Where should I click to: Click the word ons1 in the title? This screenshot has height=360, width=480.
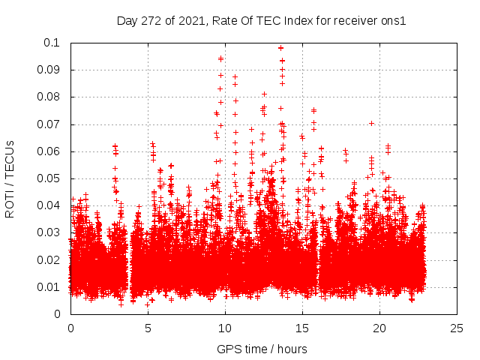click(x=393, y=21)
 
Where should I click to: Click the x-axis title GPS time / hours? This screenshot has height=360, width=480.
click(x=262, y=349)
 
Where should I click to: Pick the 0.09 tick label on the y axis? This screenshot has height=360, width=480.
click(x=50, y=70)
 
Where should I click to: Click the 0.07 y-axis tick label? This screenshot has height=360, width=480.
click(x=50, y=124)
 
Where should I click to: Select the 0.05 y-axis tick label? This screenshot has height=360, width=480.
click(x=50, y=178)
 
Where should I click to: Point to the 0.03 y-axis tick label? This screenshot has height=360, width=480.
click(x=50, y=233)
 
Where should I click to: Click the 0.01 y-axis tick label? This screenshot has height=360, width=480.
click(x=50, y=287)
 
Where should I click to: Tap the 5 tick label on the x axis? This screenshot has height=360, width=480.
click(x=148, y=328)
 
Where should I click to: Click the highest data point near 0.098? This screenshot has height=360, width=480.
click(x=280, y=48)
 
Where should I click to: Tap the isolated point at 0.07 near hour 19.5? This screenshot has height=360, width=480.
click(x=371, y=124)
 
